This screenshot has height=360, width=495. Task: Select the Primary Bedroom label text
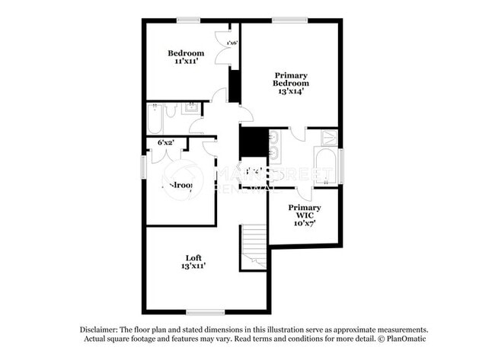[290, 79]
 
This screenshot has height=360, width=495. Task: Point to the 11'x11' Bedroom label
[187, 53]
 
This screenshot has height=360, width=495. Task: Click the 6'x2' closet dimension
[166, 142]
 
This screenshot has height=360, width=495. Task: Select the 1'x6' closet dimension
[232, 43]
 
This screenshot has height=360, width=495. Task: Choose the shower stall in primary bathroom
[329, 138]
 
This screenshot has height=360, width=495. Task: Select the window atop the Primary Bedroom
[285, 20]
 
